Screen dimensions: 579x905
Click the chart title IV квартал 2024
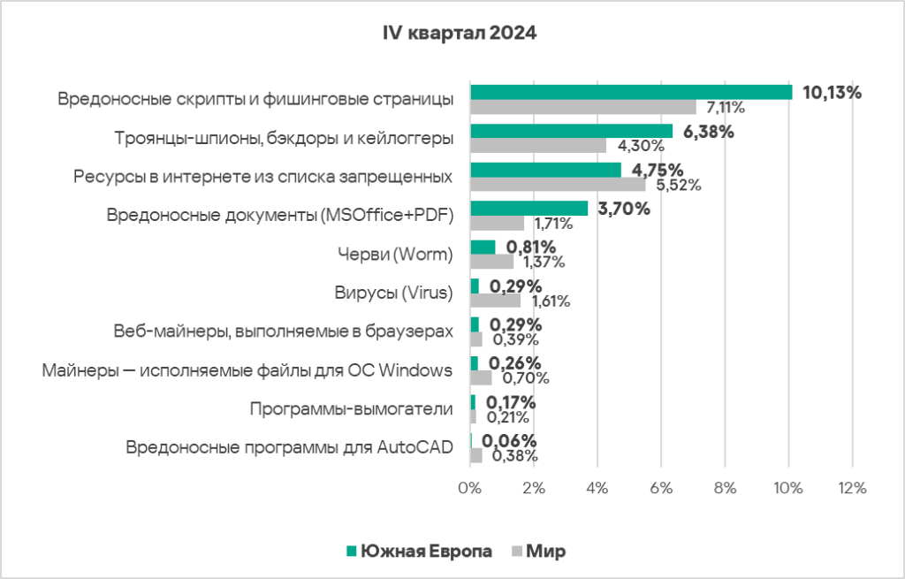coord(459,34)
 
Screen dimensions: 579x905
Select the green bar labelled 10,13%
coord(631,92)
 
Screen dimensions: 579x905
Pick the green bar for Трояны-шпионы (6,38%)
coord(571,131)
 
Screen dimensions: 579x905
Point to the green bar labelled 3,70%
coord(529,209)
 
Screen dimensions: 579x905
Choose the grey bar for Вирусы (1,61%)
coord(495,301)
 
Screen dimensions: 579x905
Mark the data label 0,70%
coord(526,378)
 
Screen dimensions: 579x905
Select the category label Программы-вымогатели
coord(351,409)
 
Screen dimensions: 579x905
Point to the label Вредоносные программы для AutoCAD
coord(289,447)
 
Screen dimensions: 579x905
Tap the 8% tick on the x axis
coord(725,488)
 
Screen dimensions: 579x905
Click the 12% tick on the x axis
coord(852,488)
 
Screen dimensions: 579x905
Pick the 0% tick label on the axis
coord(469,488)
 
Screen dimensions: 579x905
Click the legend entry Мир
coord(545,551)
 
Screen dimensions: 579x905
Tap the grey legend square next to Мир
coord(517,551)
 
